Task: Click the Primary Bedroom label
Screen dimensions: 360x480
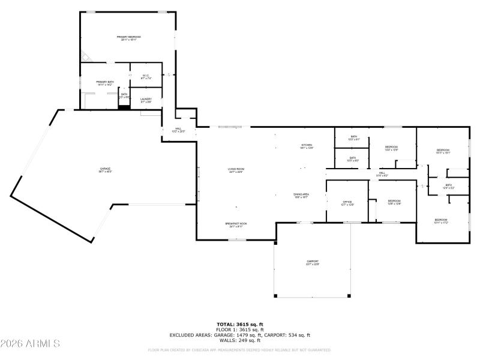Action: (128, 38)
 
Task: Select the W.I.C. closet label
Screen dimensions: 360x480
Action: (146, 76)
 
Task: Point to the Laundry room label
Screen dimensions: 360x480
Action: (146, 100)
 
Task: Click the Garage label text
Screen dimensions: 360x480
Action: (105, 170)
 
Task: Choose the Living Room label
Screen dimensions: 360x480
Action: (236, 170)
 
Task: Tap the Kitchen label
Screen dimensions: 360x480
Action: (307, 146)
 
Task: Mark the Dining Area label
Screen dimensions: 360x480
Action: (301, 195)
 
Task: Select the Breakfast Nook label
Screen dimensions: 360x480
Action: (236, 224)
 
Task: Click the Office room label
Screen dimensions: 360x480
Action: (347, 203)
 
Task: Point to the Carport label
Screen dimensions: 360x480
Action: (312, 262)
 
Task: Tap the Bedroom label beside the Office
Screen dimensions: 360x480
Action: (394, 201)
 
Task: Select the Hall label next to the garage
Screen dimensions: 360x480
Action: (178, 129)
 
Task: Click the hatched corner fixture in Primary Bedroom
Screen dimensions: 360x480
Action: (86, 57)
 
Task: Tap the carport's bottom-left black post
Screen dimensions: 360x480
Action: (275, 296)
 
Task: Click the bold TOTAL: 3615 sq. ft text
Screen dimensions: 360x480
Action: (239, 324)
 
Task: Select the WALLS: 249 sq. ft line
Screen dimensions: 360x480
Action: (239, 340)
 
